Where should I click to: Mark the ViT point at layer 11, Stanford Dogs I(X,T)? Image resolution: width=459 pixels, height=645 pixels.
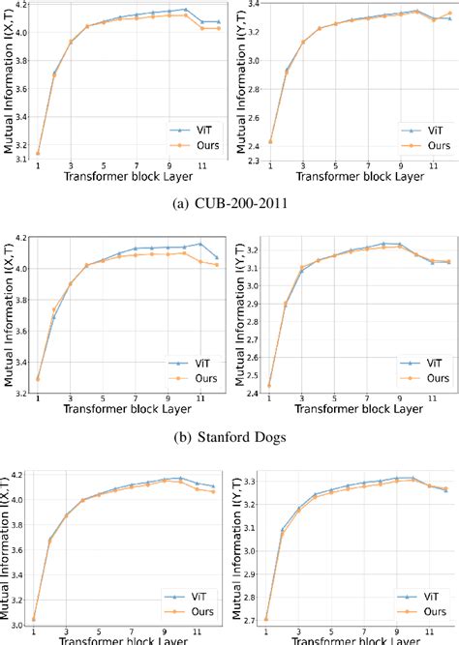pos(199,244)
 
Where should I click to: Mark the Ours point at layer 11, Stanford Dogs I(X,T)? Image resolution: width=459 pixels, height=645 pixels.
pos(199,261)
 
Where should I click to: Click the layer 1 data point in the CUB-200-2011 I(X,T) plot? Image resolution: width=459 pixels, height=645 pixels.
pos(38,153)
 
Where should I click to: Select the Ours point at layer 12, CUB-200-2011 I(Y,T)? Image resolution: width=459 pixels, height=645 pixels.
pos(449,13)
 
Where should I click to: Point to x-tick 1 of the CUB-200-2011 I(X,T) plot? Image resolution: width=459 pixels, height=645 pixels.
pos(38,165)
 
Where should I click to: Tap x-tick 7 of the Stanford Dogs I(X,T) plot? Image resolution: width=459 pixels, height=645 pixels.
pos(136,398)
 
